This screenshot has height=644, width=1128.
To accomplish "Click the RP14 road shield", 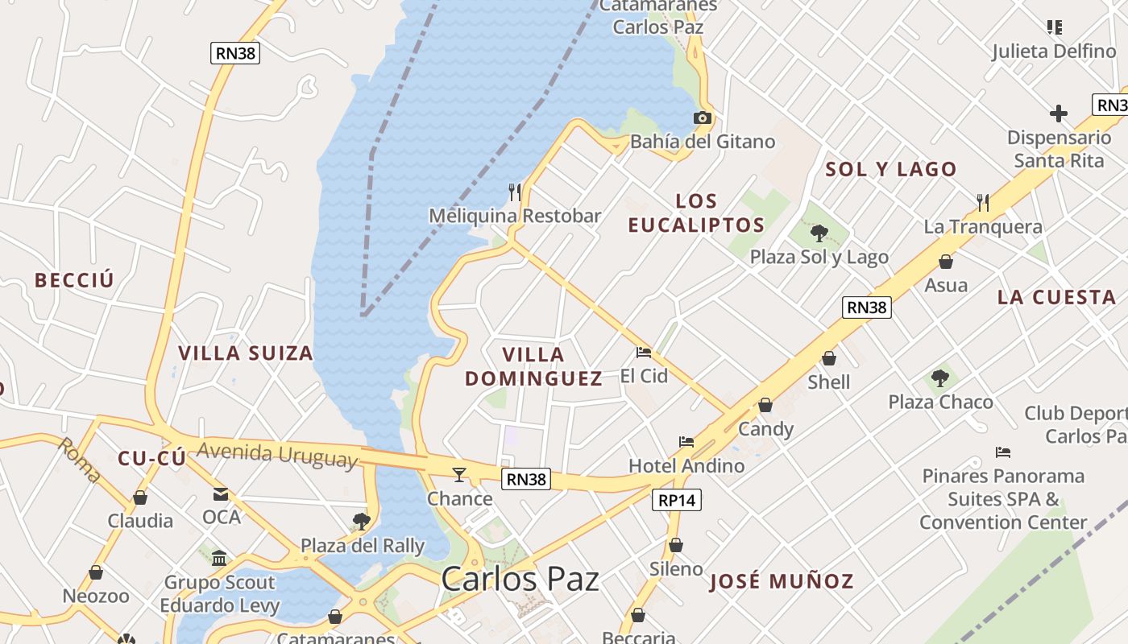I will coord(676,500).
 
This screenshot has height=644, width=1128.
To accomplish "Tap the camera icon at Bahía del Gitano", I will coord(702,118).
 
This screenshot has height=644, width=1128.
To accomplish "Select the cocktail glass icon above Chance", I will coord(459,475).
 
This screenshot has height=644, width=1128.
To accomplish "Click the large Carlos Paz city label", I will coord(520,579).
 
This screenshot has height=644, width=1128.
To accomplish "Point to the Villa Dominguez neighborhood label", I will coord(533,366).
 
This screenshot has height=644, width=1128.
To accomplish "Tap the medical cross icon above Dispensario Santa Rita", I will coord(1058,114).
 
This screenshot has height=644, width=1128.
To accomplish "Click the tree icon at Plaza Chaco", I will coord(939,378).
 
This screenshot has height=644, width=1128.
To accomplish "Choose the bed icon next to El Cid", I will coord(643,352).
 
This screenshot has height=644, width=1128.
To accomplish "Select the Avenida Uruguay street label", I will coord(276,455).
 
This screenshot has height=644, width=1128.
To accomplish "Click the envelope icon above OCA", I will coord(221,493).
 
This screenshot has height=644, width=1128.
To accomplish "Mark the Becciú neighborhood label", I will coord(74,280).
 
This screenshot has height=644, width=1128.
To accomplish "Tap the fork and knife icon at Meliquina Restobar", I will coord(515,192).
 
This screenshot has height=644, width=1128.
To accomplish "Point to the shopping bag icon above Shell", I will coord(829,358).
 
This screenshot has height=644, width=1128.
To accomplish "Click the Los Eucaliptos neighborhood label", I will coord(696,213).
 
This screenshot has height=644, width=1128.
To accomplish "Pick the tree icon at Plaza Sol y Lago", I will coord(819,233).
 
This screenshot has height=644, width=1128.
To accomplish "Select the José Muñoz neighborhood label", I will coord(782,581).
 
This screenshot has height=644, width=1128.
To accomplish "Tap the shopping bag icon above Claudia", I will coord(140,497).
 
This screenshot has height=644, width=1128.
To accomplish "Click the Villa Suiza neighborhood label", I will coord(245,353).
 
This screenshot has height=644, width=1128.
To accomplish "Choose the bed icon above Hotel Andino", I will coord(686,441).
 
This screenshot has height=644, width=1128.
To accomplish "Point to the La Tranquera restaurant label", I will coord(983,227).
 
